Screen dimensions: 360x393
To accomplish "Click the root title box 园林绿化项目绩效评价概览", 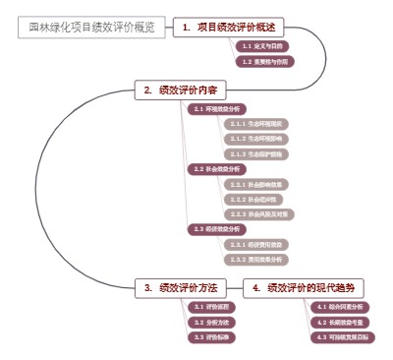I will tap(91, 28).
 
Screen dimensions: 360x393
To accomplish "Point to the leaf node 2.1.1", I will tap(255, 124).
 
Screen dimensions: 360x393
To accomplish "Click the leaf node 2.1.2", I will tap(255, 139).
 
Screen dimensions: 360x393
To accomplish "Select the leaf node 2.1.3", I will tap(255, 153).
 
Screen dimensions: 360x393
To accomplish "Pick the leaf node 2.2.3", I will tap(259, 213).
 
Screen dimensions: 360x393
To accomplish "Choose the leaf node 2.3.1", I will tap(255, 244).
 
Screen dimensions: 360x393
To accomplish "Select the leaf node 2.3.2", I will tap(255, 259).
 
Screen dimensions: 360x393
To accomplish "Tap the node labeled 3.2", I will tap(211, 322).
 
